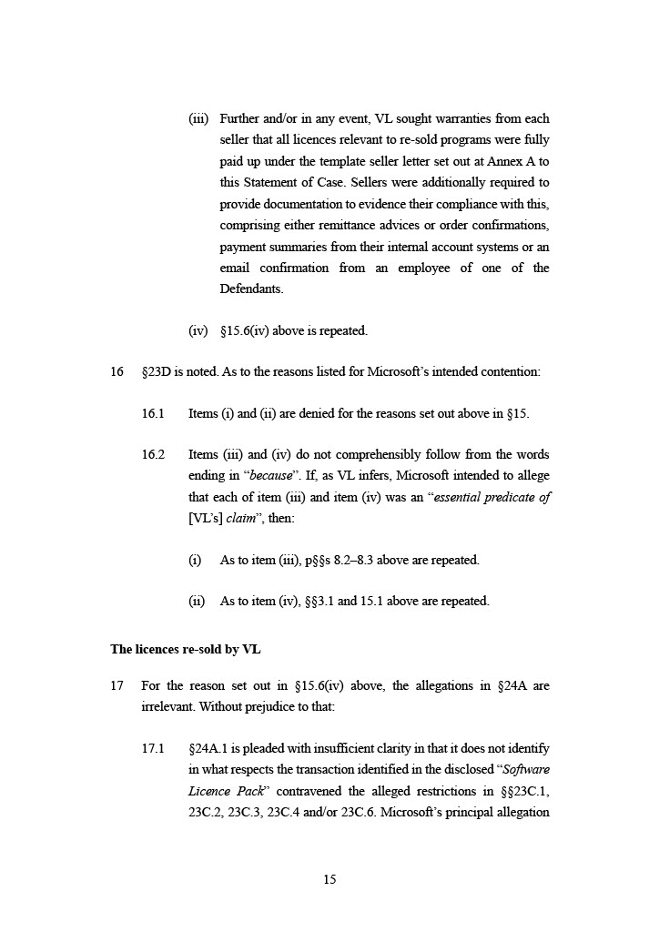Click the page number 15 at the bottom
click(329, 879)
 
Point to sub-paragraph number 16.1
click(153, 413)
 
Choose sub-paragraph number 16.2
click(153, 454)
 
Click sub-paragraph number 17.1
click(153, 748)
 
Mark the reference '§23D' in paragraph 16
click(157, 371)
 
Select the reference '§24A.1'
click(211, 748)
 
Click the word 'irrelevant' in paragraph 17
click(167, 706)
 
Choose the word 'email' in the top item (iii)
click(236, 268)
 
